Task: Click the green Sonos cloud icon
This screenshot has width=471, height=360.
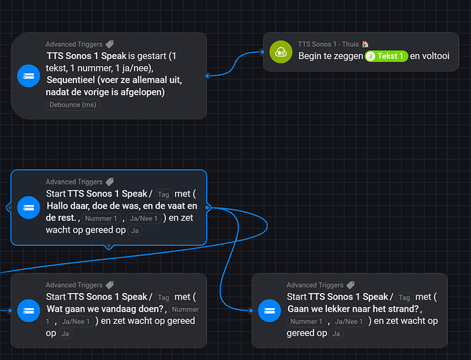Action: coord(280,51)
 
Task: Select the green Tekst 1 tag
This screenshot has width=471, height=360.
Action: coord(387,56)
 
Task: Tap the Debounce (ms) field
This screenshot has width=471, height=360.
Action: coord(73,104)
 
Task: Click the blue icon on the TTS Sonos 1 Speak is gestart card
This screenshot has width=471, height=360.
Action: coord(29,75)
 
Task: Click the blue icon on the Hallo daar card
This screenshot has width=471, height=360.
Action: coord(29,207)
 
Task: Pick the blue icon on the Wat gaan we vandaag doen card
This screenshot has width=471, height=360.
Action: coord(29,310)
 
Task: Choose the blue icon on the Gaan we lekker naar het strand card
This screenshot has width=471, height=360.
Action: coord(269,310)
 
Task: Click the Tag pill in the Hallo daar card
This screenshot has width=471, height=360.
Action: coord(163,194)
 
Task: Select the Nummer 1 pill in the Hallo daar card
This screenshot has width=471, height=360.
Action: coord(99,218)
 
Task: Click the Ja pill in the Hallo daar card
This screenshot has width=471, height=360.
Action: coord(135,230)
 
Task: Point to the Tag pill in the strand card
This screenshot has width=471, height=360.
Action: coord(404,297)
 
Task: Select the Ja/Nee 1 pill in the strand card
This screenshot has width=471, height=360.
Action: coord(349,321)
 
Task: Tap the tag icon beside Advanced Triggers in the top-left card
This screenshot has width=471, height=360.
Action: coord(109,44)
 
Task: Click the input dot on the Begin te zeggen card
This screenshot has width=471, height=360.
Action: coord(263,51)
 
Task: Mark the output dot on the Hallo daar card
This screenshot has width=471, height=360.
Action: coord(207,207)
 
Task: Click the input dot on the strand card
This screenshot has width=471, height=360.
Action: coord(251,310)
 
